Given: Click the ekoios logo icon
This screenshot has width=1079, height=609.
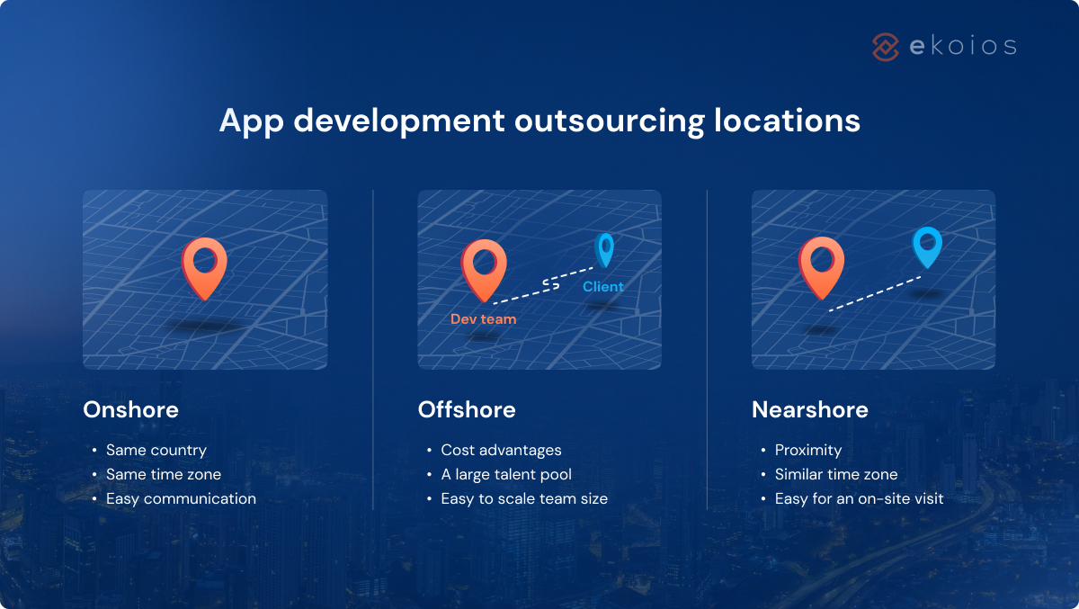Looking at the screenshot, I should (886, 47).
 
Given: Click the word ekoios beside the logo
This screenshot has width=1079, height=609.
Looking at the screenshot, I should (962, 47).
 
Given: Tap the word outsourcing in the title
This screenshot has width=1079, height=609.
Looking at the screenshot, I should (609, 121).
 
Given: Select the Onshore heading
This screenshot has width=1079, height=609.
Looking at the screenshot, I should (130, 410).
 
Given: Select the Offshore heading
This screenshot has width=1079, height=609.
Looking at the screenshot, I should (467, 410).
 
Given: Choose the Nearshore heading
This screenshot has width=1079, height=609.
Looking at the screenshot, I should (810, 410).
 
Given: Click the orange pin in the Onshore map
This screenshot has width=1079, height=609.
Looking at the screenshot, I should (205, 264).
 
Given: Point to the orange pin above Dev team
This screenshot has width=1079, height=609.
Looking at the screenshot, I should (484, 266).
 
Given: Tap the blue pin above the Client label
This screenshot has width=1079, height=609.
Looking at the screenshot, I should (605, 248).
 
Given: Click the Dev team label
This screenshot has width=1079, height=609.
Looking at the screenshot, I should (484, 319).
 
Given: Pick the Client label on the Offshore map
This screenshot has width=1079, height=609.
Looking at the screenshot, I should (602, 287).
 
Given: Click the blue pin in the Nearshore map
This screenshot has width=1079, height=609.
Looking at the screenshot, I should (926, 245).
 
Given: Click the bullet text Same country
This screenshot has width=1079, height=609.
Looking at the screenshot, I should (156, 450).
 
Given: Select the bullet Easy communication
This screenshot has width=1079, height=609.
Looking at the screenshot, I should (181, 498).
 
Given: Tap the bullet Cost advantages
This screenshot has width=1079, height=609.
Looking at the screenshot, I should (501, 450).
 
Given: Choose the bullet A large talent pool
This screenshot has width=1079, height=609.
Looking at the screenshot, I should (506, 474).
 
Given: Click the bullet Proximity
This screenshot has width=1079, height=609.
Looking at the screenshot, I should (808, 450).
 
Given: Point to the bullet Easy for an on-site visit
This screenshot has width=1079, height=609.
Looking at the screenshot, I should (859, 498).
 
